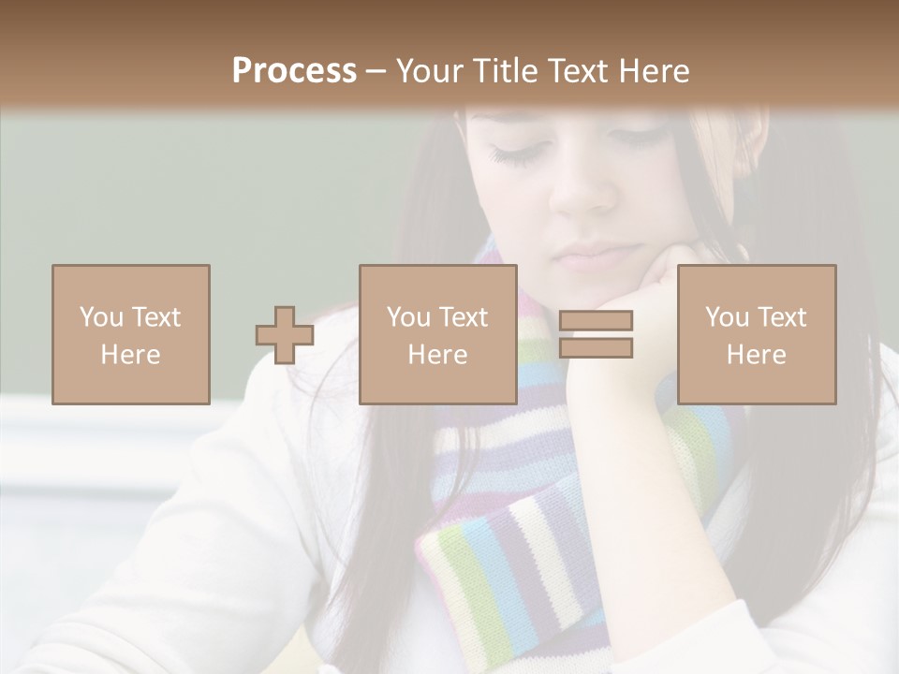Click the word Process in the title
294,70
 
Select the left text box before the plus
131,334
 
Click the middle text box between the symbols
437,334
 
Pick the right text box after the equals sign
756,334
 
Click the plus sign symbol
285,334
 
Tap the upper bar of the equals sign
596,320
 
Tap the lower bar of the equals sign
596,348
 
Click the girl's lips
590,255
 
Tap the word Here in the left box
131,355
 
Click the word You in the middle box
408,317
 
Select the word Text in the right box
783,317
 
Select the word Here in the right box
756,355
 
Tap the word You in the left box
101,317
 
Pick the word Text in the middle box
464,317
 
